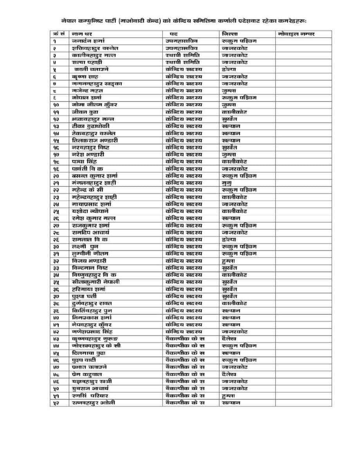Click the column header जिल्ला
(230, 34)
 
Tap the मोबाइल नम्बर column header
(296, 34)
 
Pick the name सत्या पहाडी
(86, 62)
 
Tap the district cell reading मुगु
(227, 183)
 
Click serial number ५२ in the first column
(55, 403)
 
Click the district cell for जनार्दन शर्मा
(239, 41)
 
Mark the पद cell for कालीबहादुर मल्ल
(182, 55)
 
